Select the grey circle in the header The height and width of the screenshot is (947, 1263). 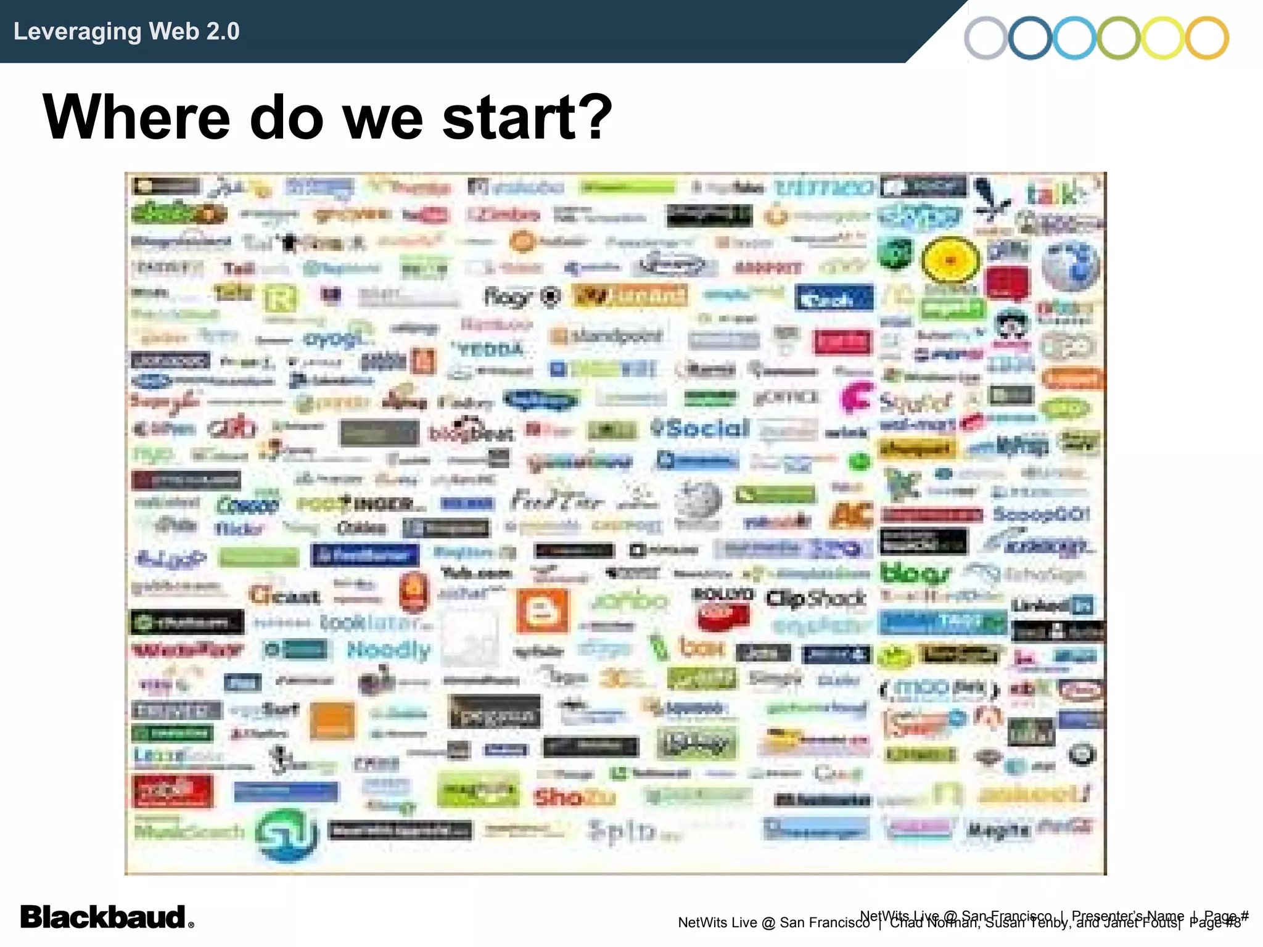click(986, 38)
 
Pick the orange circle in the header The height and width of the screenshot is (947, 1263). click(1207, 38)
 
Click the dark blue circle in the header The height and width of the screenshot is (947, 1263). click(1030, 38)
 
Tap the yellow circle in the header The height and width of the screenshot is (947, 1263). click(1162, 38)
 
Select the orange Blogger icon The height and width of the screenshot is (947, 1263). click(542, 610)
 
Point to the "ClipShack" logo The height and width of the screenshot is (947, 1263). click(815, 598)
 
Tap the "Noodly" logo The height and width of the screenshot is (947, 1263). click(389, 650)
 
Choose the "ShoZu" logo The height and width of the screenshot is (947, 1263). click(574, 797)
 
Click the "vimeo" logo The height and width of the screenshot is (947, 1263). click(824, 186)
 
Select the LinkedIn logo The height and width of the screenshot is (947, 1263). click(1053, 605)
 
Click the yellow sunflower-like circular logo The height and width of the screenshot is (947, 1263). click(950, 260)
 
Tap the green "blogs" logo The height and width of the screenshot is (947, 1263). click(915, 574)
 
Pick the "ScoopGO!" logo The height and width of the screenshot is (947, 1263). click(1041, 514)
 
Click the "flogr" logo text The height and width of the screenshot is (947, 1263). click(508, 298)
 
